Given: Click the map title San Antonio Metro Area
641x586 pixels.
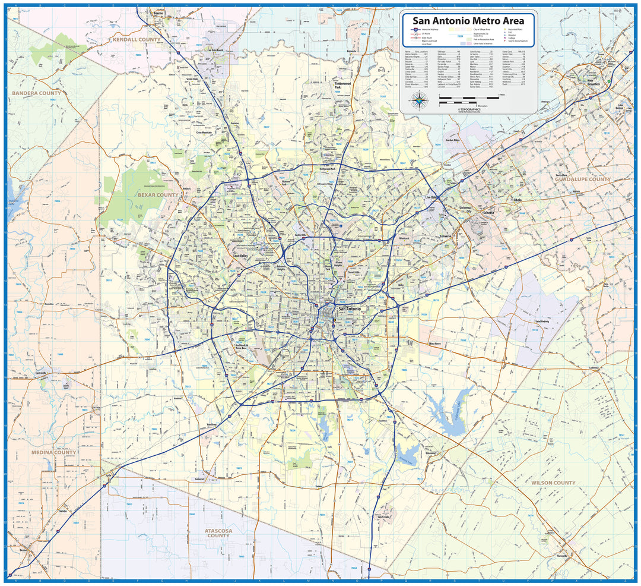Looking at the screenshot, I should pos(469,21).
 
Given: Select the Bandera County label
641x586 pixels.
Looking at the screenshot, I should pos(36,93).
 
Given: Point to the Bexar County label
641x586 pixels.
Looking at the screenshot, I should pos(158,195).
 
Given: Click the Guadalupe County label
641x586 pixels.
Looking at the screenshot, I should pos(583,179).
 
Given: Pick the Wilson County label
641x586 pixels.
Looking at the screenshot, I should pos(553,483).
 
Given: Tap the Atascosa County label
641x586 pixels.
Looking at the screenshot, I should pos(218,533).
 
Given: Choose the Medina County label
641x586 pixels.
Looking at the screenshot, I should pos(54,452).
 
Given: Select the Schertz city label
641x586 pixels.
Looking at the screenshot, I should pos(488,212).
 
